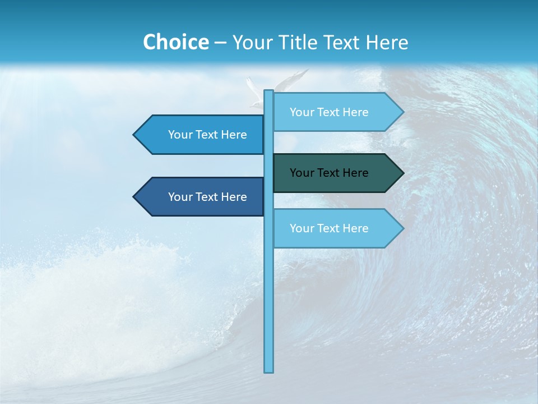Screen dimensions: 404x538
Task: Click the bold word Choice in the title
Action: coord(175,43)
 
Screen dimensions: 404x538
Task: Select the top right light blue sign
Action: coord(331,112)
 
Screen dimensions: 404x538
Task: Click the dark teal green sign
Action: coord(331,173)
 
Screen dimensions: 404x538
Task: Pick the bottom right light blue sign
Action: coord(331,228)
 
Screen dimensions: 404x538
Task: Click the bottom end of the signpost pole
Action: coord(269,370)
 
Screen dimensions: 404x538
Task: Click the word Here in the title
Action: coord(387,43)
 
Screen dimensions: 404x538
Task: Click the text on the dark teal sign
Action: coord(329,173)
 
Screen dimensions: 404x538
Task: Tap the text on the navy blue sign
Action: coord(207,197)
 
